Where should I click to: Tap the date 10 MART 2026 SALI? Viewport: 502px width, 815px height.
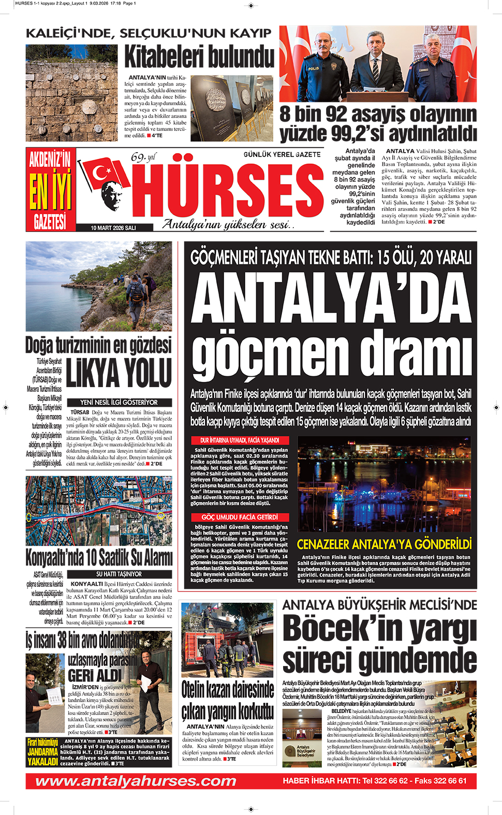(x=113, y=228)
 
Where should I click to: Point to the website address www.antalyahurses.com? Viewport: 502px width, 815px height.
(x=136, y=781)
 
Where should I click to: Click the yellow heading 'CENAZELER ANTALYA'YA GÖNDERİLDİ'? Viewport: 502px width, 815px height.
(x=384, y=544)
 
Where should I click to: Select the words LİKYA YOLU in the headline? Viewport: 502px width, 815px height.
(x=119, y=373)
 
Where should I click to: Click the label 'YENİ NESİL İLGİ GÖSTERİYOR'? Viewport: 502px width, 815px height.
(x=119, y=402)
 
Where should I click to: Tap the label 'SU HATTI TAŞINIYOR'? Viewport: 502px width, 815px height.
(x=119, y=574)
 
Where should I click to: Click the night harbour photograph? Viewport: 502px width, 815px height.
(x=384, y=484)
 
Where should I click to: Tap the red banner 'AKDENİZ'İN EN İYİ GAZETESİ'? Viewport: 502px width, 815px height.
(x=50, y=189)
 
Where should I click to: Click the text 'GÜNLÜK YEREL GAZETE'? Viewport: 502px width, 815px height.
(x=282, y=154)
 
